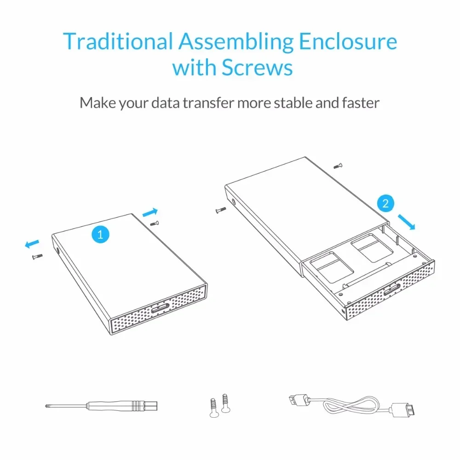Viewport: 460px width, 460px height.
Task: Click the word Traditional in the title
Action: [x=117, y=41]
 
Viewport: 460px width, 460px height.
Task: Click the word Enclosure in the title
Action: [x=348, y=41]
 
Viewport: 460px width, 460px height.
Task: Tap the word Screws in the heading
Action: [x=257, y=68]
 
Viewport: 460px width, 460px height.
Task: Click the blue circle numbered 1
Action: [x=100, y=234]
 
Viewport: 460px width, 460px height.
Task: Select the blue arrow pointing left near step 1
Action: [x=32, y=243]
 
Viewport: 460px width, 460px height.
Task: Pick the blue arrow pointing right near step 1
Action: [x=150, y=212]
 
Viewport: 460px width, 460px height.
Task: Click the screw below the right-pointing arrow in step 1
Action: [x=155, y=223]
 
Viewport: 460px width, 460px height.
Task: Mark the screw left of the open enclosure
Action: [x=221, y=210]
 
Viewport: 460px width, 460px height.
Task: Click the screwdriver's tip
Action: [x=46, y=405]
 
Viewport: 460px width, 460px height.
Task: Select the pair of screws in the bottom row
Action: [x=218, y=405]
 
